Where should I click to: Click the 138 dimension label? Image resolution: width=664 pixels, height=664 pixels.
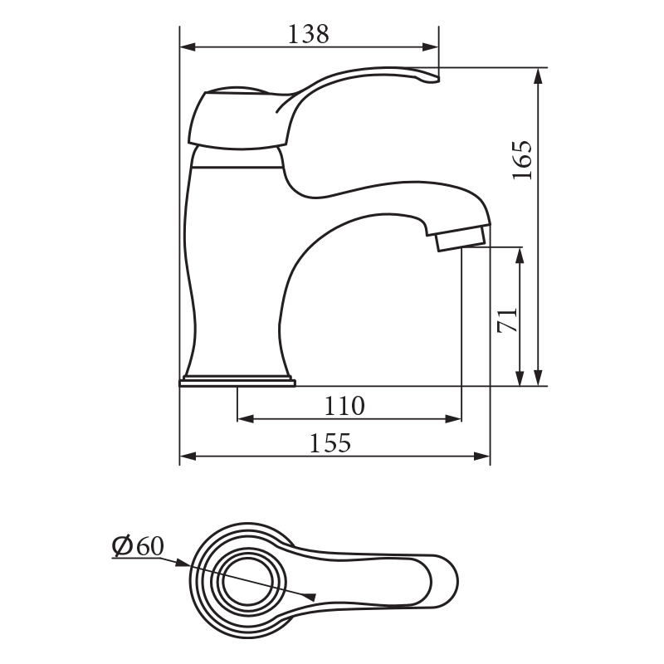click(x=308, y=34)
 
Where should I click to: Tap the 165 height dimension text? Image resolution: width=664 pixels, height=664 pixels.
click(x=522, y=160)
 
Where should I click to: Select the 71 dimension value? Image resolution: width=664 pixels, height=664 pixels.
click(x=508, y=320)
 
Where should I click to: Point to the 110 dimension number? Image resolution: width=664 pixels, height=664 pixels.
click(x=344, y=406)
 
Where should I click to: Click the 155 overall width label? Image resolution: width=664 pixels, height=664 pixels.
click(x=330, y=443)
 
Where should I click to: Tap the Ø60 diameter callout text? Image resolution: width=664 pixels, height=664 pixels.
click(x=138, y=546)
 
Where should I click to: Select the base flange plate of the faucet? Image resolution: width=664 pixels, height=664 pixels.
click(x=237, y=383)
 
